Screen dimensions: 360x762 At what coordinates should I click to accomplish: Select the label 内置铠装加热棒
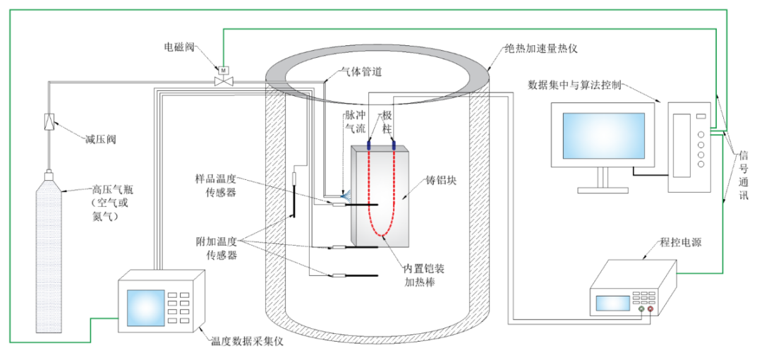[424, 275]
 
